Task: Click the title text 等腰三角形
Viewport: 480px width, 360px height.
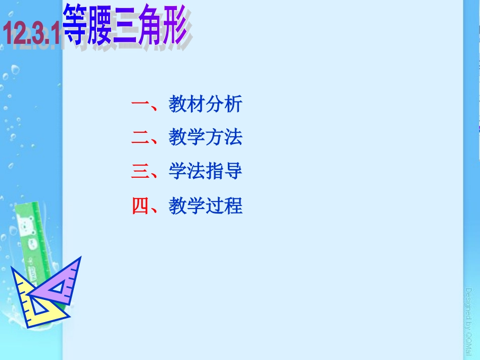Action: click(x=126, y=25)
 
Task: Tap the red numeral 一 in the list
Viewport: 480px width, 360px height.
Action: click(x=139, y=105)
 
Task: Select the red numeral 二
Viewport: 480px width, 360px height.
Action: click(x=139, y=138)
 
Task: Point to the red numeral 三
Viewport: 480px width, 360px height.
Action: click(x=139, y=172)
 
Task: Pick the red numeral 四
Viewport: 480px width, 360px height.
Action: click(x=139, y=206)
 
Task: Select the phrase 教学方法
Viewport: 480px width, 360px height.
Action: click(x=206, y=138)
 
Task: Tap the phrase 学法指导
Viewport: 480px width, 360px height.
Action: click(x=206, y=172)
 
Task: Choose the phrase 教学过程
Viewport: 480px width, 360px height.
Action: click(x=206, y=206)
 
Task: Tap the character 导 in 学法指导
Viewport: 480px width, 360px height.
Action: click(x=233, y=172)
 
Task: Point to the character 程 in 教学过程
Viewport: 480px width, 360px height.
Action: click(x=233, y=206)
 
